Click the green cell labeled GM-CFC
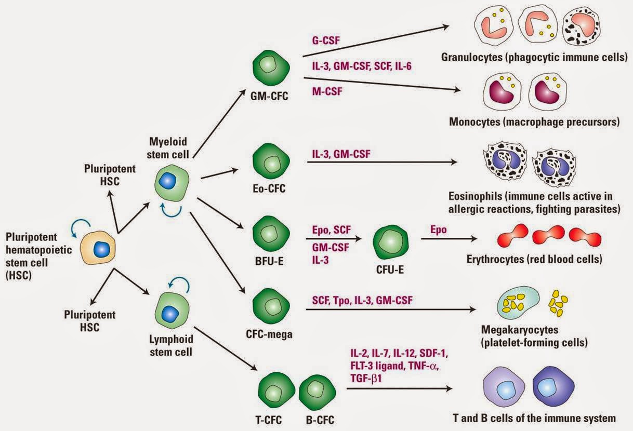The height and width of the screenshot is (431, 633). pos(268,67)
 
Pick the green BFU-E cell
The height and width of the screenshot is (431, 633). pos(268,235)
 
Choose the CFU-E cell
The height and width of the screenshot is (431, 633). pos(391,242)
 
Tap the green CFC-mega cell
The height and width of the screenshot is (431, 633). pos(268,307)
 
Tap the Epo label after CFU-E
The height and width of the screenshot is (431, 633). pos(438,229)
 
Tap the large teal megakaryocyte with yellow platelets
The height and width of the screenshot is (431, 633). pos(517,304)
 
